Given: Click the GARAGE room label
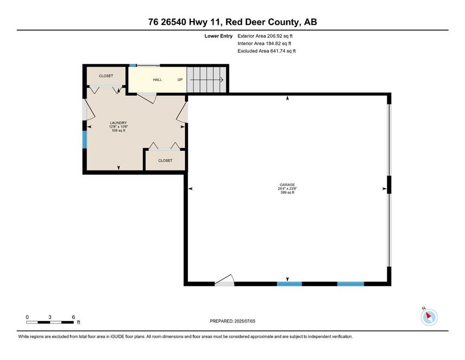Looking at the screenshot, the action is (x=287, y=185).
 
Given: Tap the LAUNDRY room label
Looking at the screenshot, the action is (x=118, y=123).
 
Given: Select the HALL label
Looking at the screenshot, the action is (x=157, y=80).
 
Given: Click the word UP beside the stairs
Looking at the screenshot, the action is (x=180, y=80).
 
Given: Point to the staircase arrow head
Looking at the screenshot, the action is (x=221, y=80).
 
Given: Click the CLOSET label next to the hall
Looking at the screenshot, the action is (x=106, y=75).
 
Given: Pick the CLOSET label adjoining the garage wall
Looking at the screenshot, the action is (x=165, y=160).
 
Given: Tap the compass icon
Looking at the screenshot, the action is (x=429, y=317).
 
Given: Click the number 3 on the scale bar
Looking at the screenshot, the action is (x=50, y=317).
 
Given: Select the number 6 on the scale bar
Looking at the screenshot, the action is (x=73, y=317).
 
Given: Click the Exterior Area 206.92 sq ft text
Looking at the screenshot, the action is (x=265, y=36).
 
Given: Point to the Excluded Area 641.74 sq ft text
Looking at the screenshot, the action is (x=266, y=51).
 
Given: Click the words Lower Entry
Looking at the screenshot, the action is (x=218, y=36).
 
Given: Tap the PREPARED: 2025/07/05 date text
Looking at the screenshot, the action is (x=232, y=321).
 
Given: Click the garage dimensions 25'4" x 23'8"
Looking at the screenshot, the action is (x=287, y=188).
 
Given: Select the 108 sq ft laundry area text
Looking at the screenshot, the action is (x=118, y=130).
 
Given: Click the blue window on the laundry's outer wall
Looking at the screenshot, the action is (x=84, y=140).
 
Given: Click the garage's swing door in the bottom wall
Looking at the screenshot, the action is (x=224, y=280).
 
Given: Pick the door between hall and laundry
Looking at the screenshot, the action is (x=147, y=97).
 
